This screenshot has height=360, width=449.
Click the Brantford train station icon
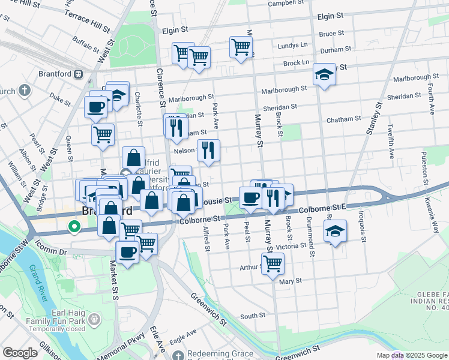[x=78, y=74]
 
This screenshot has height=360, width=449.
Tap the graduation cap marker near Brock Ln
[x=324, y=75]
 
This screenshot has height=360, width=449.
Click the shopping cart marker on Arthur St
[x=273, y=264]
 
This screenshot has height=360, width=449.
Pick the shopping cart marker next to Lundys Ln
[x=241, y=47]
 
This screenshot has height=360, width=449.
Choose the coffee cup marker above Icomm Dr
[x=127, y=251]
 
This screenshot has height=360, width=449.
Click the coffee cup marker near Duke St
[x=95, y=107]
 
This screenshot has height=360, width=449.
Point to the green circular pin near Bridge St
[x=74, y=227]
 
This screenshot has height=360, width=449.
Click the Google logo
[x=20, y=353]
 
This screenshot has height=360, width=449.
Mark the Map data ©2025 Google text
[x=411, y=355]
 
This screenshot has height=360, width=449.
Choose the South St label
[x=252, y=316]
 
